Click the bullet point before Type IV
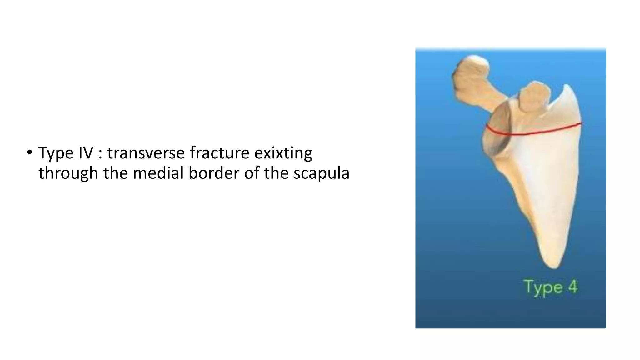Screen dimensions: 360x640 (29, 153)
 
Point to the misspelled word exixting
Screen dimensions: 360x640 (283, 153)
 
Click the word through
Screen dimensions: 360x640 (68, 173)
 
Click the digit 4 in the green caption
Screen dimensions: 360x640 (572, 287)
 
